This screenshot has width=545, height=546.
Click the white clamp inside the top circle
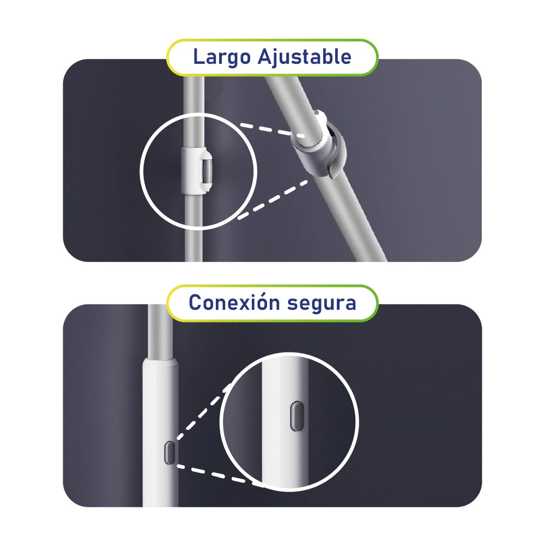pyautogui.click(x=196, y=170)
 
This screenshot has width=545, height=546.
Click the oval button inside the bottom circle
pyautogui.click(x=297, y=416)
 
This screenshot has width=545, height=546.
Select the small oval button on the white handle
pyautogui.click(x=169, y=452)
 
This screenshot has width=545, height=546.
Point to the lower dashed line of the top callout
pyautogui.click(x=272, y=199)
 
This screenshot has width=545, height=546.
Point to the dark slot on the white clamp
pyautogui.click(x=206, y=170)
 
